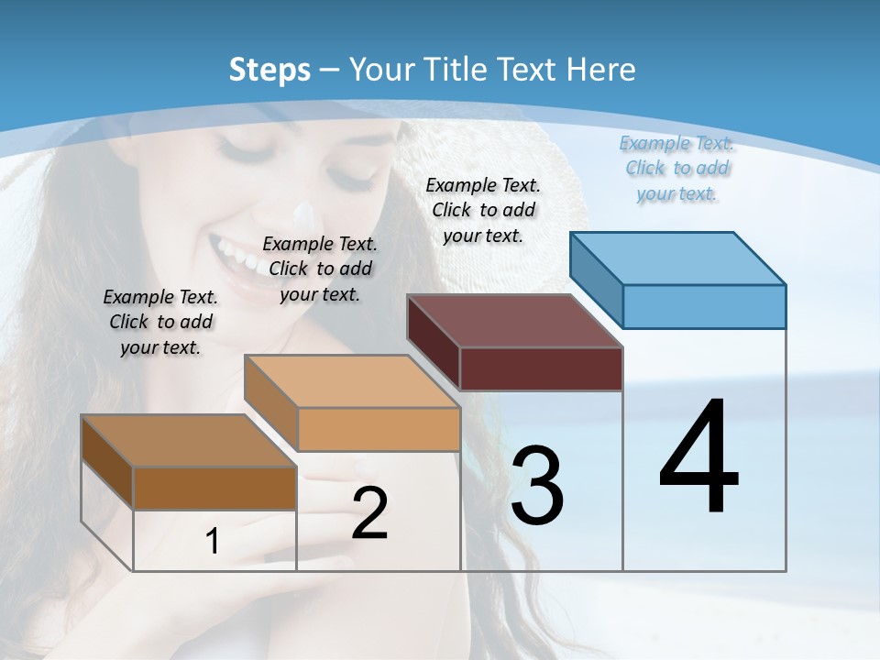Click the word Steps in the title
(x=269, y=70)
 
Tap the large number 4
(x=698, y=458)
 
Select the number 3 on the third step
(x=537, y=486)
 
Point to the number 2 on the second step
(x=369, y=513)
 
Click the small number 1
(x=213, y=542)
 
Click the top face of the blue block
(x=678, y=258)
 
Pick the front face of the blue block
(x=704, y=306)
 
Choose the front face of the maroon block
(x=541, y=368)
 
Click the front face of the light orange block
(x=379, y=429)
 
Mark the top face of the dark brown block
(x=189, y=441)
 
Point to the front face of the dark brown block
(x=214, y=488)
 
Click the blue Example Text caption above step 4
(x=676, y=168)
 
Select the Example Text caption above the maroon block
(x=483, y=210)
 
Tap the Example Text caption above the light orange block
(x=320, y=269)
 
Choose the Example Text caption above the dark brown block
(x=160, y=322)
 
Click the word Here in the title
(x=602, y=70)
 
